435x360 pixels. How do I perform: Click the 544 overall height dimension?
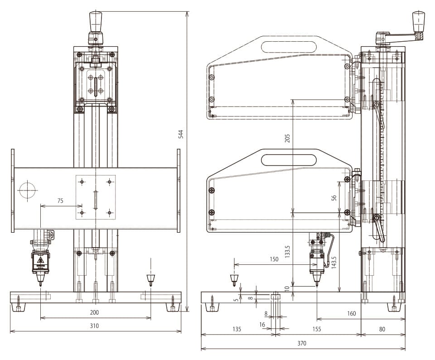(x=181, y=134)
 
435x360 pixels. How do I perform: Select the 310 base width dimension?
(x=94, y=326)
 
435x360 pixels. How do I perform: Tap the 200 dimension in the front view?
(x=94, y=312)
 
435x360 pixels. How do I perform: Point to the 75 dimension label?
(x=60, y=201)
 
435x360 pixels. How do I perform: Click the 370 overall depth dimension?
(x=302, y=343)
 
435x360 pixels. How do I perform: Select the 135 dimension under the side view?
(x=237, y=329)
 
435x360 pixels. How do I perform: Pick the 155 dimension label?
(x=317, y=329)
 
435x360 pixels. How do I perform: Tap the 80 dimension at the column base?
(x=382, y=329)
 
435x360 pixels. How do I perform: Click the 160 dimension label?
(x=351, y=313)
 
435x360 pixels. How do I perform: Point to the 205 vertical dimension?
(x=287, y=138)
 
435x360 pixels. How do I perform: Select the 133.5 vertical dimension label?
(x=287, y=252)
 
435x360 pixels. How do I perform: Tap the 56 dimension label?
(x=334, y=198)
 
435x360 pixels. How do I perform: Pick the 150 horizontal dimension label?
(x=274, y=259)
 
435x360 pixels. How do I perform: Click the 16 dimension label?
(x=262, y=325)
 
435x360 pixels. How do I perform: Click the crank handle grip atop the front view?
(x=96, y=22)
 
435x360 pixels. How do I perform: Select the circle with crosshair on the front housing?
(x=28, y=190)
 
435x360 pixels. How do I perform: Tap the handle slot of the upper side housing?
(x=289, y=47)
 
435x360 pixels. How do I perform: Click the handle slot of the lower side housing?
(x=289, y=160)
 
